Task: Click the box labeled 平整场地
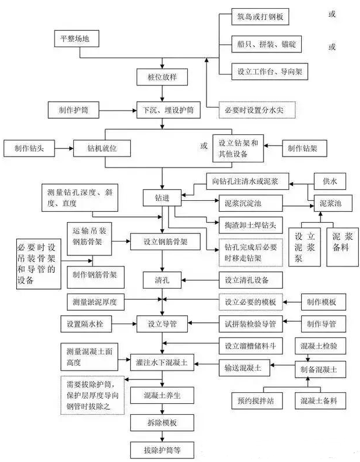pyautogui.click(x=76, y=39)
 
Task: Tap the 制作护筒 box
pyautogui.click(x=74, y=109)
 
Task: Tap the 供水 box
pyautogui.click(x=330, y=182)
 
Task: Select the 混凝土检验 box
pyautogui.click(x=324, y=346)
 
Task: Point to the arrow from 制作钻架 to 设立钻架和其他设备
pyautogui.click(x=273, y=148)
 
